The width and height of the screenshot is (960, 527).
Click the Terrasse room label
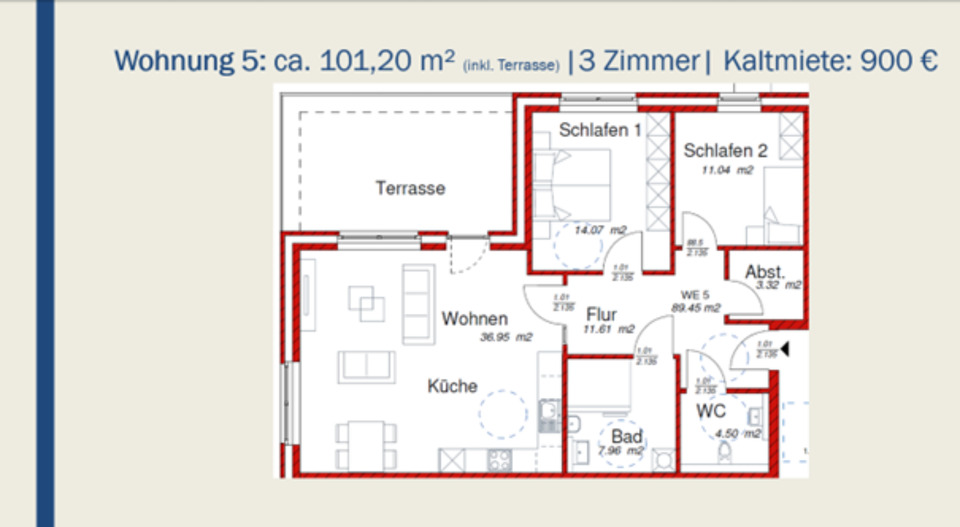pos(410,187)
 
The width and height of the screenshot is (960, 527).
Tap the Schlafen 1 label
pos(600,130)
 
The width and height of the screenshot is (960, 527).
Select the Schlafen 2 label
pos(725,151)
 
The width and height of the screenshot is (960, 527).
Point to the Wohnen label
pos(475,319)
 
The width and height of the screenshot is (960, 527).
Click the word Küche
pos(453,386)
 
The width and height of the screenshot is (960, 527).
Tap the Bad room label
pos(627,437)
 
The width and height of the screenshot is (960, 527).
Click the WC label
pos(711,411)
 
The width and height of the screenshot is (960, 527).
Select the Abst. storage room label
pos(765,271)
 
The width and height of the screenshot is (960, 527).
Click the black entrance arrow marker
pos(785,349)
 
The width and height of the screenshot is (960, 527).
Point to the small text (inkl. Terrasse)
pos(510,66)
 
